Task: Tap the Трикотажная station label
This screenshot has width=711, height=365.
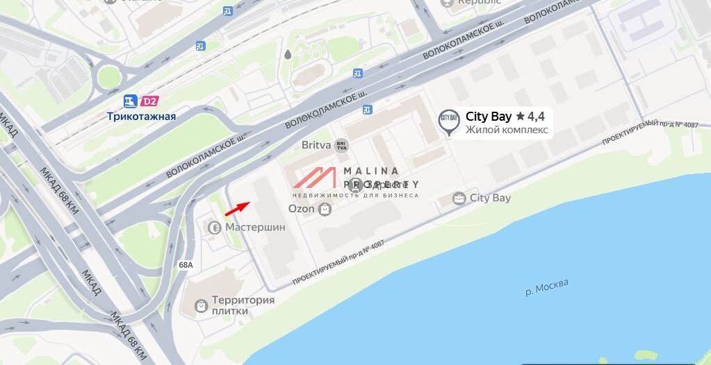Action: click(141, 117)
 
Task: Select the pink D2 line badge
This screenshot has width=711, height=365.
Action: click(149, 101)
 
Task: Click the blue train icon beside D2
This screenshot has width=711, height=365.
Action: click(130, 101)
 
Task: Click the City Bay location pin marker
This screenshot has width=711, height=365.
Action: click(449, 121)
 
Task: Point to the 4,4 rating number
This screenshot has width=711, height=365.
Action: click(536, 117)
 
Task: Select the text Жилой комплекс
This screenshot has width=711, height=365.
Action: click(507, 130)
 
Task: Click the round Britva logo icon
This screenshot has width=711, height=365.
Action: click(341, 146)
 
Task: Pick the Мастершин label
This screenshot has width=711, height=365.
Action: click(255, 227)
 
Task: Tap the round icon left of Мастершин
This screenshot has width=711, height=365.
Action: click(215, 227)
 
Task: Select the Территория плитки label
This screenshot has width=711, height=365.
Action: click(243, 305)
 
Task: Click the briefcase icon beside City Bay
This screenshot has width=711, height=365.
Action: click(459, 198)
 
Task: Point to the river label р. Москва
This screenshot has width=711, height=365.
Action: click(546, 287)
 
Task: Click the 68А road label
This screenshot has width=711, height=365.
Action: click(186, 265)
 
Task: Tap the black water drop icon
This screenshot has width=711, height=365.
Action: click(288, 54)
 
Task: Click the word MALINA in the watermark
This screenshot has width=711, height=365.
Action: click(371, 171)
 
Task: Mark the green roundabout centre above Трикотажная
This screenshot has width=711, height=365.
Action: click(108, 77)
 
